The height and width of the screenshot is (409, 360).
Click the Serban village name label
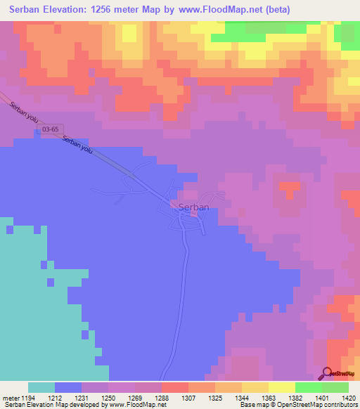(193, 207)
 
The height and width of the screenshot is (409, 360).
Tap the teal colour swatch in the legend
(41, 387)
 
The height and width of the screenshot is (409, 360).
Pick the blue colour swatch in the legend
(68, 387)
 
